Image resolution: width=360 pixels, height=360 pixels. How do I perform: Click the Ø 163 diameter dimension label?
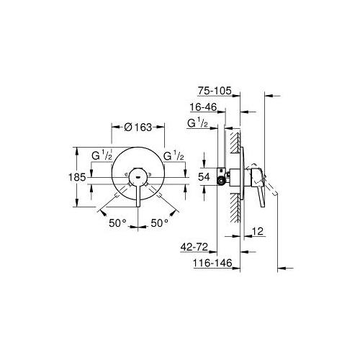pos(138,127)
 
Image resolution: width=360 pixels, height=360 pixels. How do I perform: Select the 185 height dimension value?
pos(77,177)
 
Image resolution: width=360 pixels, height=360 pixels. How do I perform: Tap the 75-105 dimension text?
pos(215,91)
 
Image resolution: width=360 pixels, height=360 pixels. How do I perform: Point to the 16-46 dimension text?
pos(203,107)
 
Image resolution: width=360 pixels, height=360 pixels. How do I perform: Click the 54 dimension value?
pos(204,177)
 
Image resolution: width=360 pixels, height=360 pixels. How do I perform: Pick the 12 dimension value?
pos(258,231)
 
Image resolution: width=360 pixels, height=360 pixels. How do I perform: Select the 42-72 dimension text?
pos(194,247)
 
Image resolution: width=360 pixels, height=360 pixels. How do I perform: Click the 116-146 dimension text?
pos(213,263)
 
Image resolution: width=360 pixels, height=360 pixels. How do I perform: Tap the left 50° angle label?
pos(117,223)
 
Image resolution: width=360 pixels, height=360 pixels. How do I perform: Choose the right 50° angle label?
pos(159,223)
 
